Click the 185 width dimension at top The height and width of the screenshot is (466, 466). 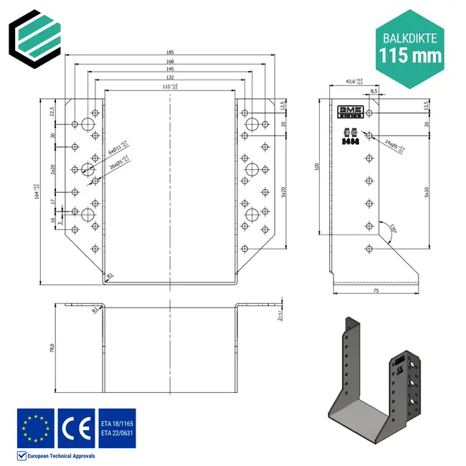coord(171,52)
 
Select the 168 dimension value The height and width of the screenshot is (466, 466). coord(171,62)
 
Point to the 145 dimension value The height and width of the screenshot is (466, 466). coord(171,70)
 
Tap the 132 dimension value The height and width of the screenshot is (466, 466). coord(171,77)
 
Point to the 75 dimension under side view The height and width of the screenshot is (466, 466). coord(375,292)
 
